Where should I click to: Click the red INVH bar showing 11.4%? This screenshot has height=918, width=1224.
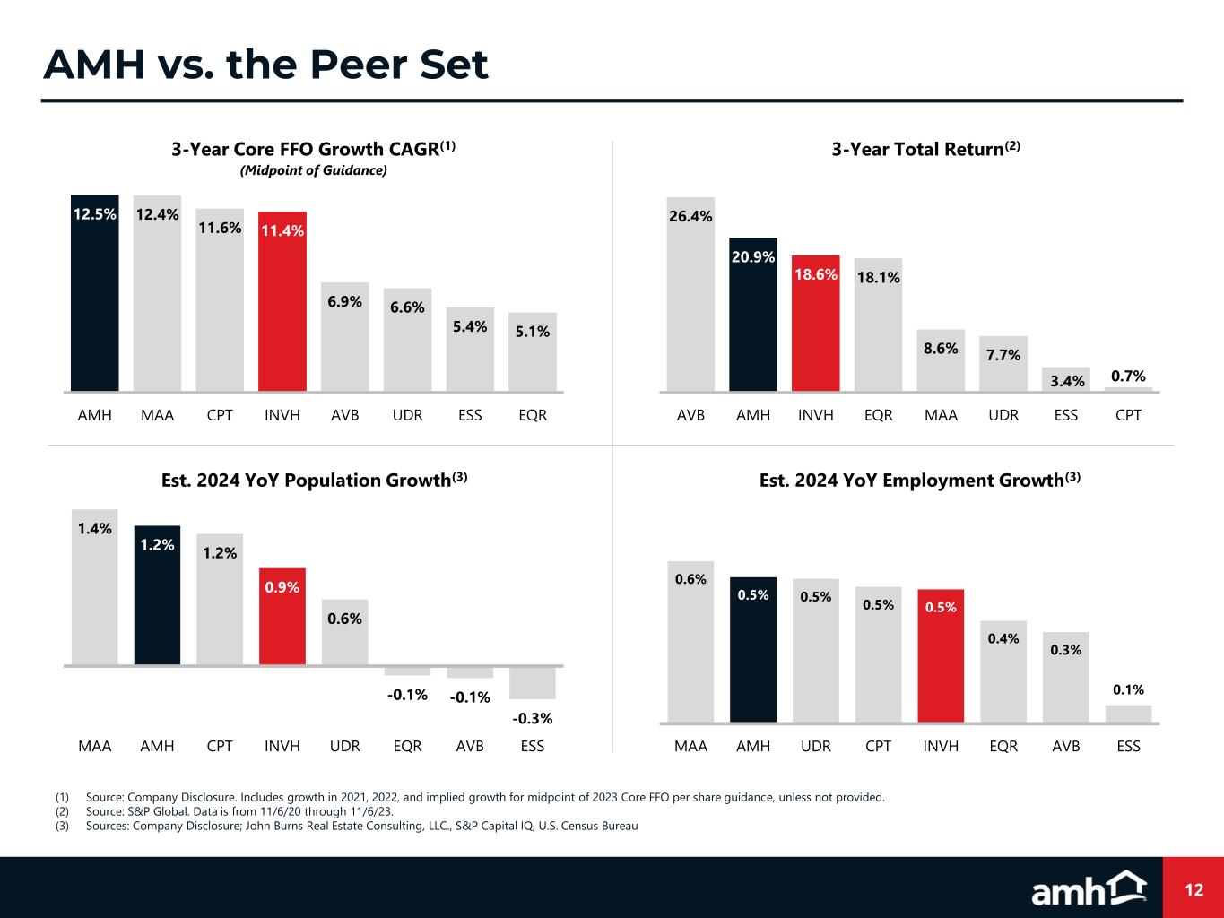[282, 305]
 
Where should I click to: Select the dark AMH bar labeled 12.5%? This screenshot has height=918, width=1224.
[95, 296]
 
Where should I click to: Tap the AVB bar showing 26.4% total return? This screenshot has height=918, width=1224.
[691, 296]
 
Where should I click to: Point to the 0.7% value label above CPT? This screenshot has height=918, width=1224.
[1128, 377]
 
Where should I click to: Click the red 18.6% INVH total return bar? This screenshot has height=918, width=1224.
[816, 325]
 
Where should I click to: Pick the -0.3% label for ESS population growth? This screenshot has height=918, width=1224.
[533, 718]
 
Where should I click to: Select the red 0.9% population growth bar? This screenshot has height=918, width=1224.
[282, 619]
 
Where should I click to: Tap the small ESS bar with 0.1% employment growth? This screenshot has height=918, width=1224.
[1128, 714]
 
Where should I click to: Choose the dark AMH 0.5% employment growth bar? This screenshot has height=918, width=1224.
[753, 650]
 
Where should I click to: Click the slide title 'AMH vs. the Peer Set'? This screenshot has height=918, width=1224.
[266, 65]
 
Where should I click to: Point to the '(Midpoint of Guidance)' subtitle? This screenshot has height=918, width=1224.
[314, 170]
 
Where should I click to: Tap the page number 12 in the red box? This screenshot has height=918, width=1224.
[1194, 889]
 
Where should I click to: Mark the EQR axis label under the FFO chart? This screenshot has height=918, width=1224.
[533, 416]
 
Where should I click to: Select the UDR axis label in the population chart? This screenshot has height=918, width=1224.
[345, 746]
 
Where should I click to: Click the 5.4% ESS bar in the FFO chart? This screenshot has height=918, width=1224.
[470, 351]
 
